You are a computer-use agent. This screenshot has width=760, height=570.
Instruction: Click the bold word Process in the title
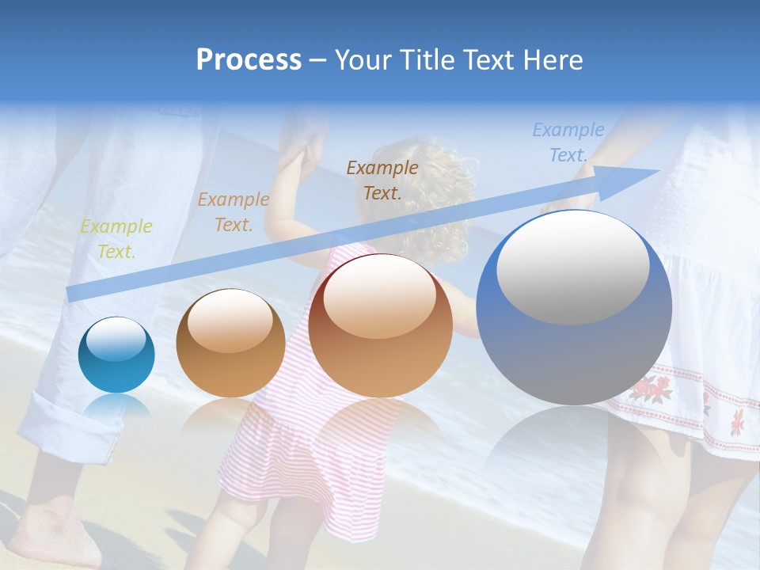click(249, 60)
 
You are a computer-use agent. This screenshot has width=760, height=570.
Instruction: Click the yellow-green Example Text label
click(116, 239)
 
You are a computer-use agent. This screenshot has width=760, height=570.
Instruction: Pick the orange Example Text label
click(233, 212)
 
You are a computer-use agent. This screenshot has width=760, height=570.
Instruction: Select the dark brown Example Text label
click(382, 180)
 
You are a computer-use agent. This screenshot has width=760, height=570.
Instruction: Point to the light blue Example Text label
click(568, 142)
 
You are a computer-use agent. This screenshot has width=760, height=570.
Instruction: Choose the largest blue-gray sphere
click(574, 348)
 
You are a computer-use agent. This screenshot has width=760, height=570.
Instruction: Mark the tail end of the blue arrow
click(70, 294)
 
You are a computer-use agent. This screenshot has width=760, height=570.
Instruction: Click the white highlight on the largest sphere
click(572, 267)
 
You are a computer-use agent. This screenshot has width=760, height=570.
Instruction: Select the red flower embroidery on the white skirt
click(651, 388)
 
